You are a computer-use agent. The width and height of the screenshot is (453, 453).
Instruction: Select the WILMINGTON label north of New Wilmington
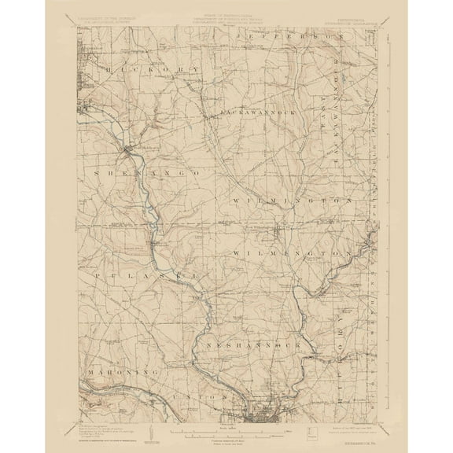click(x=289, y=201)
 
